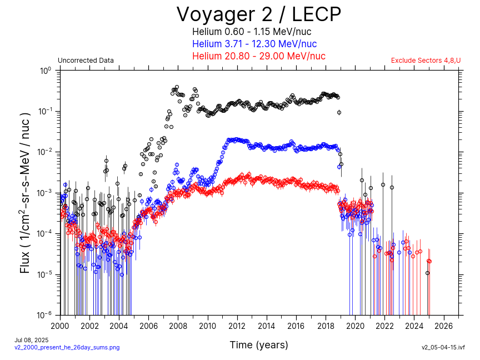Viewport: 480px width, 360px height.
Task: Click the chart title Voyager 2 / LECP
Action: point(258,14)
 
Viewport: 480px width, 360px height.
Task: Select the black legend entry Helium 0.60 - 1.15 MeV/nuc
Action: point(258,32)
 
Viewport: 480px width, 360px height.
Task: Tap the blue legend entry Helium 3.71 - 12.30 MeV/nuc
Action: point(254,44)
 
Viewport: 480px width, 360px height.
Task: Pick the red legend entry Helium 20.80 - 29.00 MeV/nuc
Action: point(258,56)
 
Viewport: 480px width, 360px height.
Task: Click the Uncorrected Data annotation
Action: point(86,61)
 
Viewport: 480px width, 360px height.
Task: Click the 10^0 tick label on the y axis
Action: point(45,71)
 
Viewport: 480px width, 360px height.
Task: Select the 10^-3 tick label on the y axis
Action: point(45,193)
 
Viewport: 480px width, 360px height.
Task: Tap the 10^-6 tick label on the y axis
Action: point(45,315)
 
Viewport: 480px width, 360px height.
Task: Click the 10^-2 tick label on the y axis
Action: point(45,152)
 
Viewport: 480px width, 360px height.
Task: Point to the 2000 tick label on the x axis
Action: point(60,326)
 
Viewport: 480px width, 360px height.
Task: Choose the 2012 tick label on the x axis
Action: point(237,326)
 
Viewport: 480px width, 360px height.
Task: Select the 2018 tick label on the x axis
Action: point(326,326)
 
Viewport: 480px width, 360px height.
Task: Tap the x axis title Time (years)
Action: point(259,345)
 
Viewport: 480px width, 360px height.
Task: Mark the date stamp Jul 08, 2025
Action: point(32,340)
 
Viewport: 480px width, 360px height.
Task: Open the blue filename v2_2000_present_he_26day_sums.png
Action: point(67,347)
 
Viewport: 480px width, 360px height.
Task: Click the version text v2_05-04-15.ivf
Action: point(443,347)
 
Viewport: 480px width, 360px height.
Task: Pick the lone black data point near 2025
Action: point(427,273)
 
